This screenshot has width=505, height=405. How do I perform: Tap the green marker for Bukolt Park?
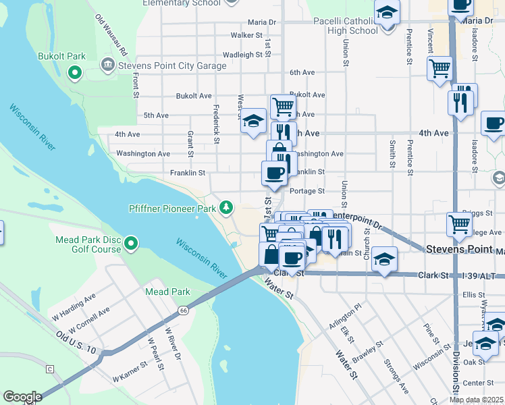pos(74,72)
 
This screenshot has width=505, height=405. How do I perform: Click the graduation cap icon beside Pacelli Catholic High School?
pos(388,14)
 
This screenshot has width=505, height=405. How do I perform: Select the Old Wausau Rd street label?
pos(112,35)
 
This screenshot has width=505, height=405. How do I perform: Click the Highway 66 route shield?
pos(184,309)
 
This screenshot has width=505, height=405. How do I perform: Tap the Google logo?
pos(22,397)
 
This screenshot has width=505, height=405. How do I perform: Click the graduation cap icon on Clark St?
pos(384,259)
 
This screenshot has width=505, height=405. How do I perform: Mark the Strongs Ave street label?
pos(396,378)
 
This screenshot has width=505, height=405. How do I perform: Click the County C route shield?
pos(49,369)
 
